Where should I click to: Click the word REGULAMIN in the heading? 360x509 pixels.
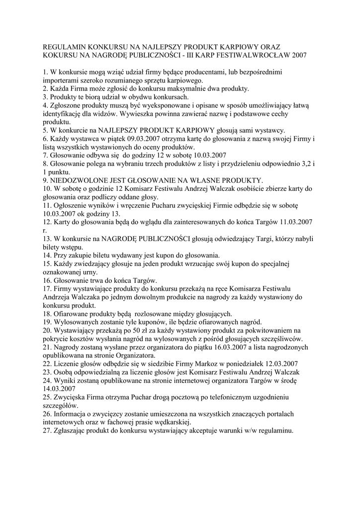coord(64,44)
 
